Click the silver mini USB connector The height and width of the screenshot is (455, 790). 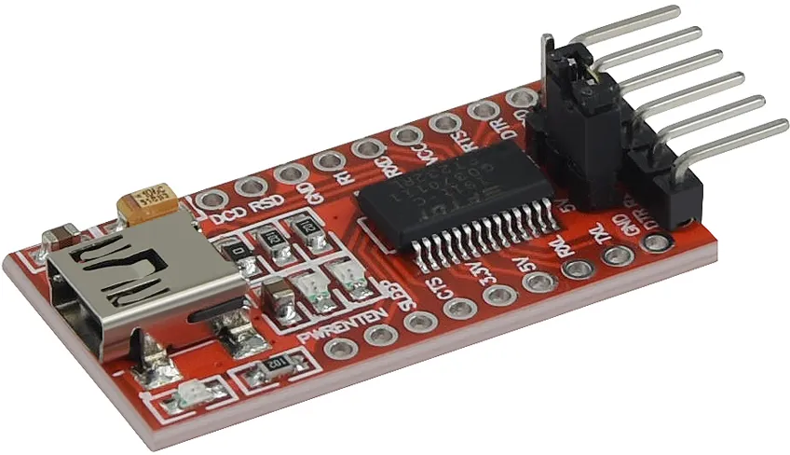[x=121, y=280]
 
